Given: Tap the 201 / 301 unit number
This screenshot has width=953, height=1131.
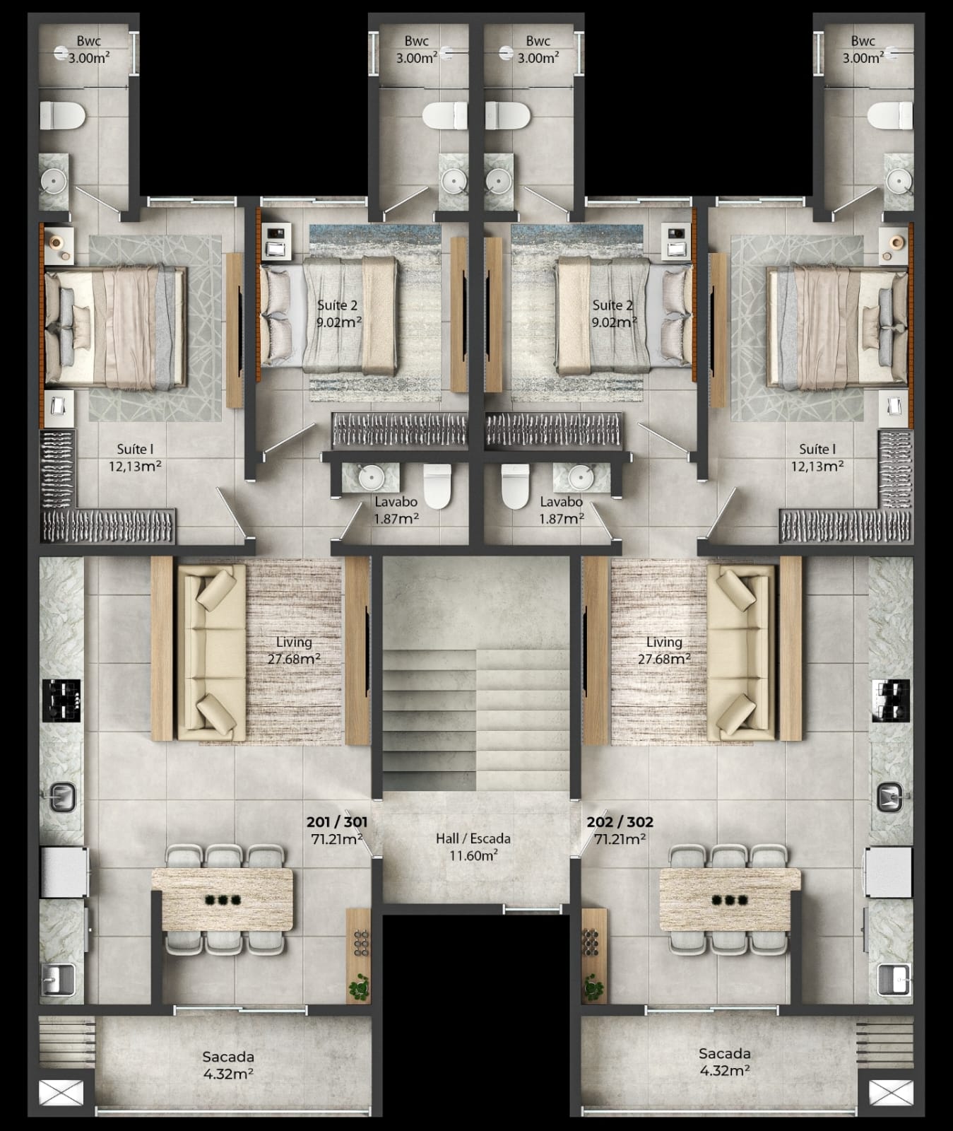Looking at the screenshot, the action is tap(336, 822).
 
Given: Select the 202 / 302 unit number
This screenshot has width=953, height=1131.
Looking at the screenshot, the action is tap(620, 822).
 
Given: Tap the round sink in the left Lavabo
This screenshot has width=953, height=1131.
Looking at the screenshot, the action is tap(370, 478).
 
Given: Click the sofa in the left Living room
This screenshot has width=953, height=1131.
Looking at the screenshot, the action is tap(211, 656).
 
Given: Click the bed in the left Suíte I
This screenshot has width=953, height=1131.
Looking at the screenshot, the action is tap(116, 327).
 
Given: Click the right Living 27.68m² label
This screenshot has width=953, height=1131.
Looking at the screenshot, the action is tap(664, 650).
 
